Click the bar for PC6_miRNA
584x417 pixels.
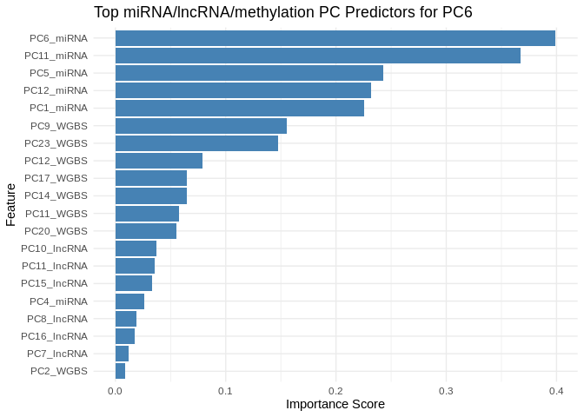click(335, 38)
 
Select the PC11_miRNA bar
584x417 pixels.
click(317, 56)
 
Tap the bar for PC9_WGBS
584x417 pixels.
click(201, 126)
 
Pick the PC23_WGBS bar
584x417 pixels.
click(196, 143)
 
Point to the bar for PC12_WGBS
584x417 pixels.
click(159, 161)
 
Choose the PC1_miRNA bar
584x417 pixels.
click(239, 108)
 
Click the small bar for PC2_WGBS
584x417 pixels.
click(120, 371)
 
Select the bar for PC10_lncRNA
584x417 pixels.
click(136, 248)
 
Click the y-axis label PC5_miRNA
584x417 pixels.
click(58, 73)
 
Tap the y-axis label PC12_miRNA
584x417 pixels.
click(56, 90)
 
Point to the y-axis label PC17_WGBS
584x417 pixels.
click(56, 178)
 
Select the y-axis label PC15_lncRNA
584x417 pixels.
click(55, 283)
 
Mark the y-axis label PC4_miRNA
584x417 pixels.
click(58, 301)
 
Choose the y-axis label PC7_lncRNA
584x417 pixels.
click(57, 354)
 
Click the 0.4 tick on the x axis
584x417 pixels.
click(556, 391)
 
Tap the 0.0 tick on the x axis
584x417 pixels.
click(115, 391)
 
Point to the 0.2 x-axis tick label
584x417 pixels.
click(335, 391)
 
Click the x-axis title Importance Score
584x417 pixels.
click(335, 404)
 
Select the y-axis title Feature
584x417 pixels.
click(10, 204)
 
